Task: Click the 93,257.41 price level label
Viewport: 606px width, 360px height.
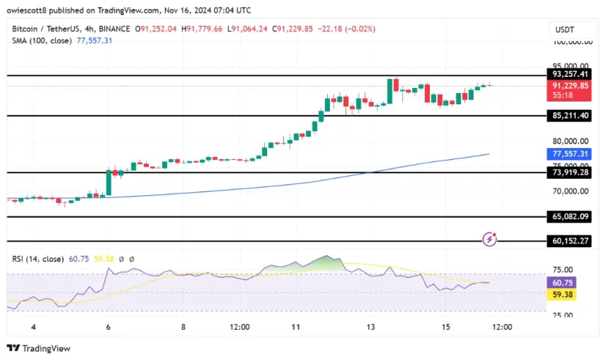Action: [571, 74]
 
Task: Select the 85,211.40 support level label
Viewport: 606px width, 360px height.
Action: [571, 116]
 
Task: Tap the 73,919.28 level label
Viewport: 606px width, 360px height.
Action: [571, 173]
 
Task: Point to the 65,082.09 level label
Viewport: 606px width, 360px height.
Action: [571, 218]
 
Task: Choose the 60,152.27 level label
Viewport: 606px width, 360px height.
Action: [571, 241]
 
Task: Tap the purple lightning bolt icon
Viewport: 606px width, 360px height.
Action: [490, 240]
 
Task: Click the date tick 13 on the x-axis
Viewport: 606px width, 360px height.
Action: [371, 328]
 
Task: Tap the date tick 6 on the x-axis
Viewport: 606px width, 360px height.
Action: [107, 328]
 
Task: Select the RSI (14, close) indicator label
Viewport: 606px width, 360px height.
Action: [39, 259]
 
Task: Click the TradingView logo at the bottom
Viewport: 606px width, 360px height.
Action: [39, 348]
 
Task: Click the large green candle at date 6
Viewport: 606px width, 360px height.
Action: [109, 182]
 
